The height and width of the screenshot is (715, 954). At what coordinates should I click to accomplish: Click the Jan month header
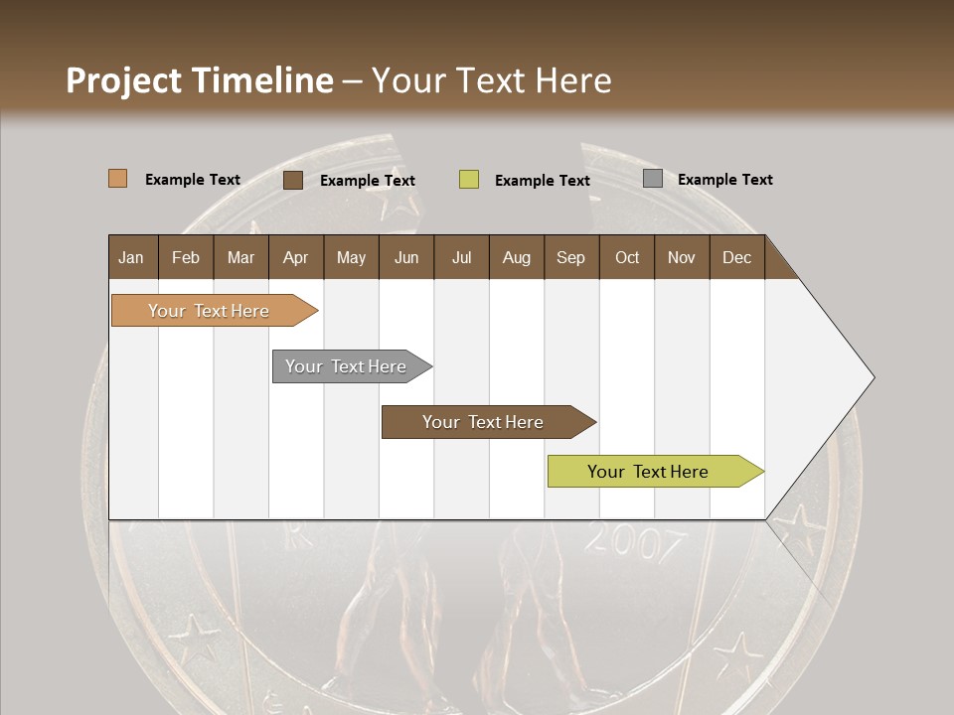pos(132,257)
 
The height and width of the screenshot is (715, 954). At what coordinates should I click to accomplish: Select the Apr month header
pos(295,257)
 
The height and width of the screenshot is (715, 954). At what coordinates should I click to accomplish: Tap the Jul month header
pos(461,257)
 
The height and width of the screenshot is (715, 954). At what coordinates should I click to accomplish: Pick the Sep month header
pos(570,257)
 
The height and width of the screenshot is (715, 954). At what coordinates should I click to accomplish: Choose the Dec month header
pos(736,257)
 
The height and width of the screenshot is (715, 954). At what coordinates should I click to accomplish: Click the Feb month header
pos(186,257)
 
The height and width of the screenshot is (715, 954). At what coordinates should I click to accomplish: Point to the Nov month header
pos(681,257)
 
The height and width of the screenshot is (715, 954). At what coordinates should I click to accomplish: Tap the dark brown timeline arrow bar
pos(484,422)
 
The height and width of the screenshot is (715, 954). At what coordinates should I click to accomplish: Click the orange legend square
pos(117,179)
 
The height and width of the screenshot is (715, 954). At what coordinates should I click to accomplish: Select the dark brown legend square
pos(293,180)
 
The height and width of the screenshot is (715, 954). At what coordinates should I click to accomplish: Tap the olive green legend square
pos(469,180)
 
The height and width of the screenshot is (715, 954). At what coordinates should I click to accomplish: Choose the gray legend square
pos(653,179)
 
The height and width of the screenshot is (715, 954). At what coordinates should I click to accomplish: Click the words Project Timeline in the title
pos(199,80)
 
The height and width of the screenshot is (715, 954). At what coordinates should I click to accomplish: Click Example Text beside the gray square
pos(724,180)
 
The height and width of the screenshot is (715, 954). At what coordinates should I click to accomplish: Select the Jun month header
pos(406,257)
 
